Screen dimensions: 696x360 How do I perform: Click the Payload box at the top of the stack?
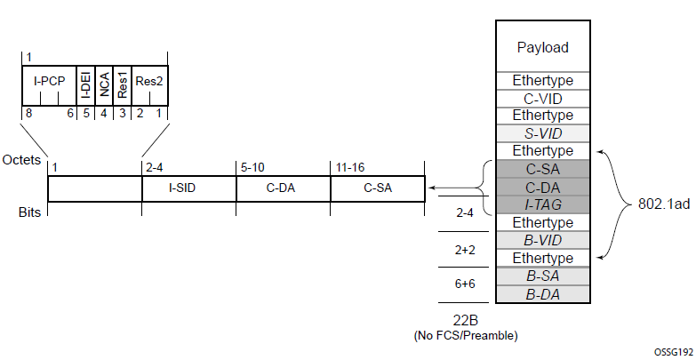click(x=542, y=46)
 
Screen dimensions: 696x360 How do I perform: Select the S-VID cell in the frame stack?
click(x=542, y=133)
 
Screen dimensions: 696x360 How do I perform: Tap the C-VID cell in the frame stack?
click(x=542, y=99)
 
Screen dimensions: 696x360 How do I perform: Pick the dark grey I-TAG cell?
click(x=542, y=204)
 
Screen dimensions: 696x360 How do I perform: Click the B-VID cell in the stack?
click(x=542, y=240)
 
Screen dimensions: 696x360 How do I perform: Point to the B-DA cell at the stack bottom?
click(x=542, y=295)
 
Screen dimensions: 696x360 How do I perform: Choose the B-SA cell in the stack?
click(x=542, y=276)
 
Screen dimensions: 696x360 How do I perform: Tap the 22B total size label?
click(x=466, y=320)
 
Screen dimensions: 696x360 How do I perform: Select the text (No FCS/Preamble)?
click(x=466, y=336)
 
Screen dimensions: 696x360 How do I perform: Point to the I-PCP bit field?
click(x=49, y=85)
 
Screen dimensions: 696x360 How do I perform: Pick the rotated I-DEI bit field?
click(x=85, y=85)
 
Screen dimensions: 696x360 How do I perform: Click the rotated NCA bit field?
click(x=104, y=85)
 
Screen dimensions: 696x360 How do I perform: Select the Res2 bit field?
click(x=149, y=85)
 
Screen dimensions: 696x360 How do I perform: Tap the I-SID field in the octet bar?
click(x=189, y=188)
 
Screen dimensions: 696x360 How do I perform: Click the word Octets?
click(x=21, y=160)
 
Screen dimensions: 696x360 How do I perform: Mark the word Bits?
click(x=29, y=212)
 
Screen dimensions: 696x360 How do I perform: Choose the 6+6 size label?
click(x=465, y=284)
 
